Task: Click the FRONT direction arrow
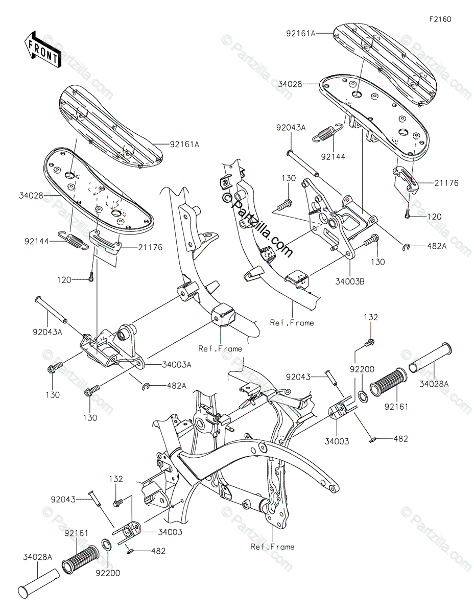point(43,49)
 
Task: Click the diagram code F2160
point(440,19)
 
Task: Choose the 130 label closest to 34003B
point(377,262)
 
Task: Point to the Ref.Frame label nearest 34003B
point(292,323)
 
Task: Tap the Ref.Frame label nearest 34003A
point(220,348)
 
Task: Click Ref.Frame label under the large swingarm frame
point(272,547)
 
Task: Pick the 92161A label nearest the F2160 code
point(301,33)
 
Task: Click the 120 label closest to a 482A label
point(434,217)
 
